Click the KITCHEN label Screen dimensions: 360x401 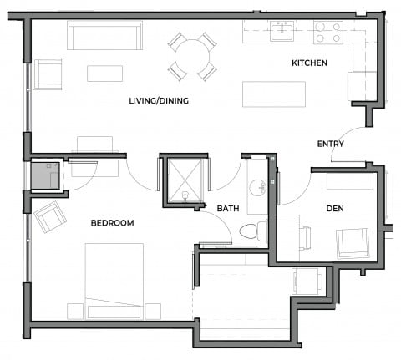pos(308,63)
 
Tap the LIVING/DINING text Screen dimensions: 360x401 pos(159,101)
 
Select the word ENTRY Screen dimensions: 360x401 pos(331,144)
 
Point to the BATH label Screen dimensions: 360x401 pos(229,208)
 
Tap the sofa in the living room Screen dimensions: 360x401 pos(104,37)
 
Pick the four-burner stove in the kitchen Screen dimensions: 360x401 pos(328,33)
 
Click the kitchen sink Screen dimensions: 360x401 pos(282,32)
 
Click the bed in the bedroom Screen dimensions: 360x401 pos(114,281)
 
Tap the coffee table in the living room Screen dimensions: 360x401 pos(104,74)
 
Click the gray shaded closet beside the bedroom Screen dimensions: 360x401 pos(45,177)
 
